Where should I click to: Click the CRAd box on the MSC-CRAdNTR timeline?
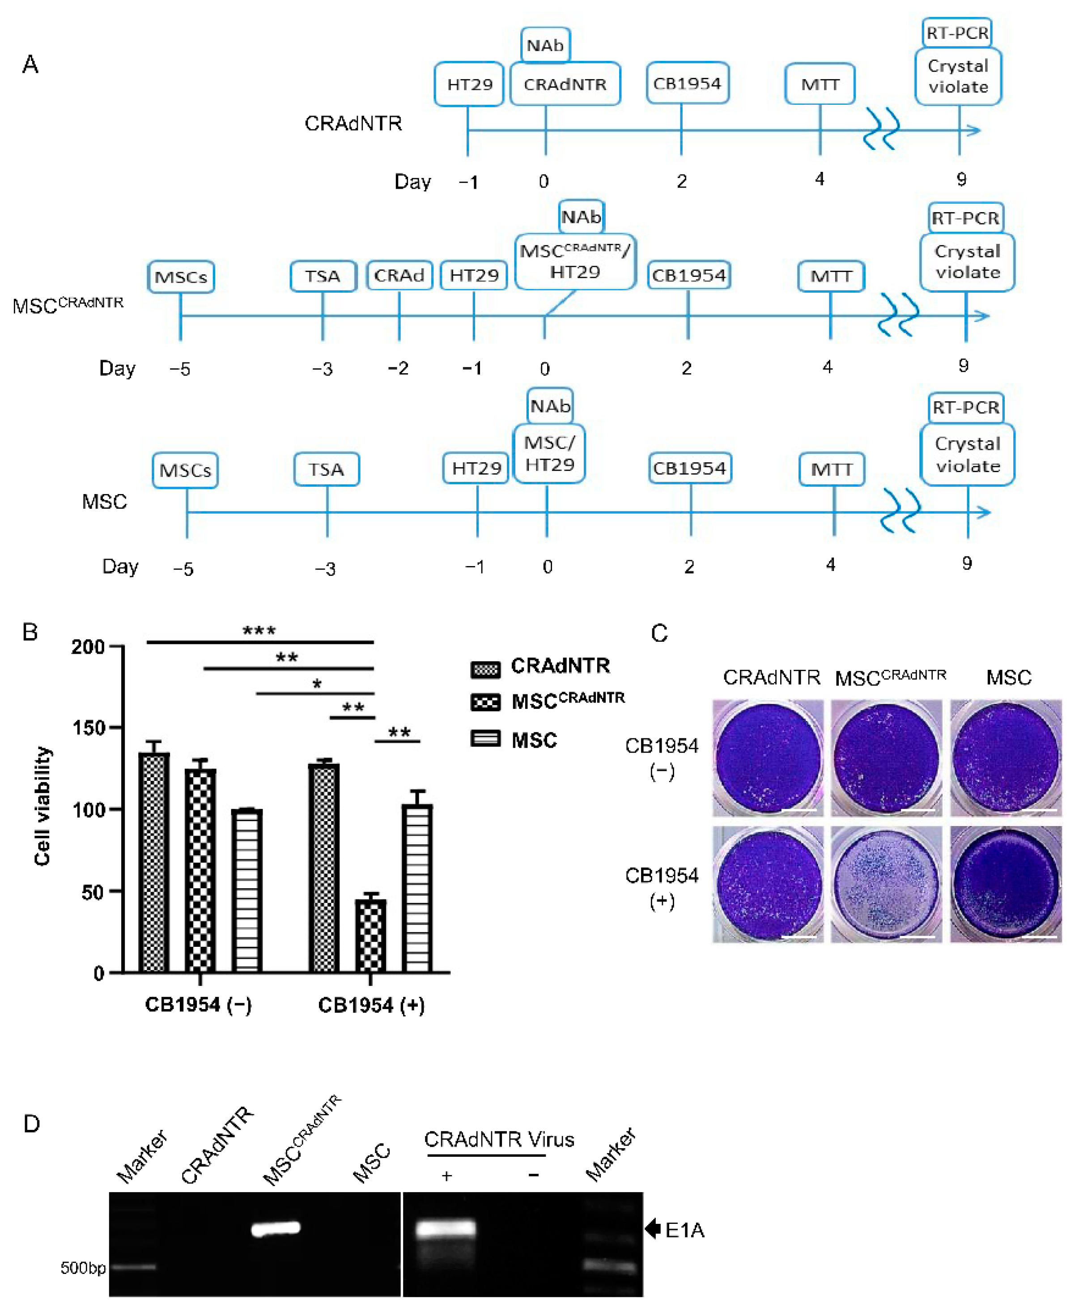(399, 276)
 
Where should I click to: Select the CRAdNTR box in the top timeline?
(565, 84)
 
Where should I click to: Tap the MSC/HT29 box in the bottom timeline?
(549, 453)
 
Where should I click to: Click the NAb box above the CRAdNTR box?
(545, 45)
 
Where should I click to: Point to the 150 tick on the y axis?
(88, 728)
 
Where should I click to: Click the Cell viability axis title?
(42, 806)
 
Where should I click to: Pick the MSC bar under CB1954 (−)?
(247, 890)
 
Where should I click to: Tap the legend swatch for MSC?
(485, 739)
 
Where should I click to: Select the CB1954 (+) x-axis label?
(371, 1005)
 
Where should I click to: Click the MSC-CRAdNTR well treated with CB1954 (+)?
(886, 884)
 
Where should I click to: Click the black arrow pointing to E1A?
(652, 1229)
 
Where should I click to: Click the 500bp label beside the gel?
(83, 1267)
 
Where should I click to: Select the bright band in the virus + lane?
(446, 1229)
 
